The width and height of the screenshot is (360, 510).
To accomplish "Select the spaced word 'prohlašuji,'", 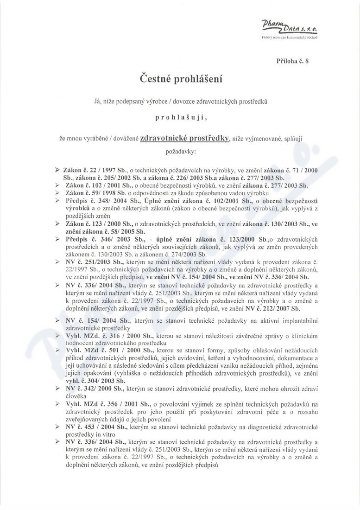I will [x=181, y=118].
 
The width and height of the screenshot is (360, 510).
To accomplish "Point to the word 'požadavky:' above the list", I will [x=181, y=151].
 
